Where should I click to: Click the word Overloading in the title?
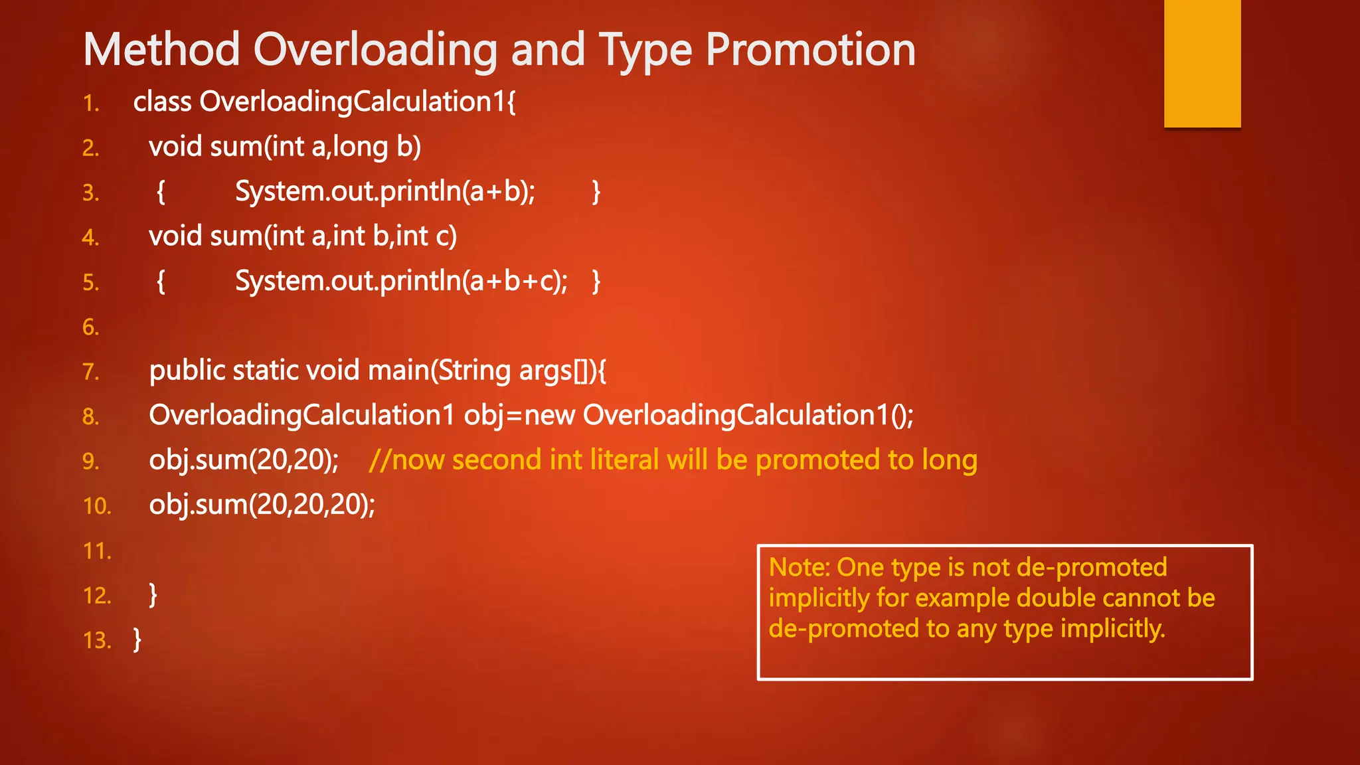pos(375,50)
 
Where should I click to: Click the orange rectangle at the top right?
pos(1202,63)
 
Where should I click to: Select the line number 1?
pos(91,104)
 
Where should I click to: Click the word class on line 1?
pos(162,102)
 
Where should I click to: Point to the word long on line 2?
pos(360,147)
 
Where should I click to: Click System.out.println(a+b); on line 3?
pos(385,192)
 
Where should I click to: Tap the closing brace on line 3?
pos(596,192)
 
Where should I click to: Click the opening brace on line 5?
pos(161,282)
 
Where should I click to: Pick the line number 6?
pos(91,327)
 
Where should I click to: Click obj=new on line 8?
pos(519,416)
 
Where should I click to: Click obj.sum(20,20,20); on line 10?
pos(262,505)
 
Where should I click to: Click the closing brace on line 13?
pos(137,639)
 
